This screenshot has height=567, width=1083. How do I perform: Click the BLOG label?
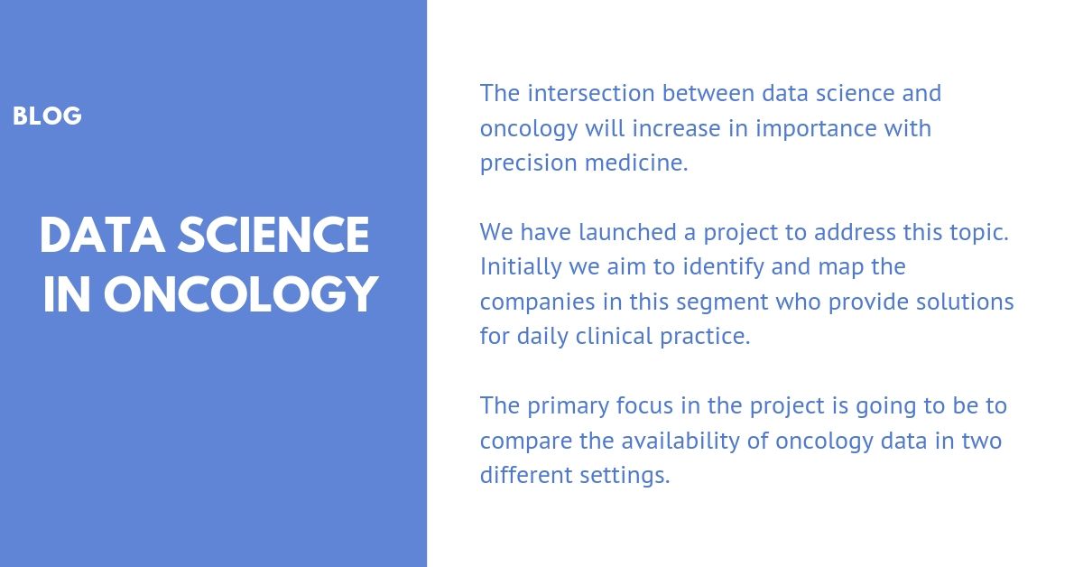coord(47,116)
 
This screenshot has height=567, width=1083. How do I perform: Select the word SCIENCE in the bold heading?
coord(273,235)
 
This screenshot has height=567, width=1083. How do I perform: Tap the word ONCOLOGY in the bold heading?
coord(241,294)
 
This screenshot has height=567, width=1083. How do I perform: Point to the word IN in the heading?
coord(67,294)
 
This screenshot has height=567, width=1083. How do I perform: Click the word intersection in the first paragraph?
coord(591,93)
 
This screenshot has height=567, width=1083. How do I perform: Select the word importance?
coord(816,129)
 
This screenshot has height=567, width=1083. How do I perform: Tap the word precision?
coord(529,163)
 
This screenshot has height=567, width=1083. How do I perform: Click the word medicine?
coord(636,163)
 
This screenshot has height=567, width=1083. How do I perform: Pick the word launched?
coord(627,232)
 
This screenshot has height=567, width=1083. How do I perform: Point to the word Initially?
coord(521,267)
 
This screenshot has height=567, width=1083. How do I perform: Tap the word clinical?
coord(614,336)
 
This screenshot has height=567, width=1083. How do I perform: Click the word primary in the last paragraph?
coord(568,407)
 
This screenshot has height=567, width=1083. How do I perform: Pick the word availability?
coord(680,442)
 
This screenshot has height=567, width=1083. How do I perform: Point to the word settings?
coord(625,476)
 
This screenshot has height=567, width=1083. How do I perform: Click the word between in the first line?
coord(708,93)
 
